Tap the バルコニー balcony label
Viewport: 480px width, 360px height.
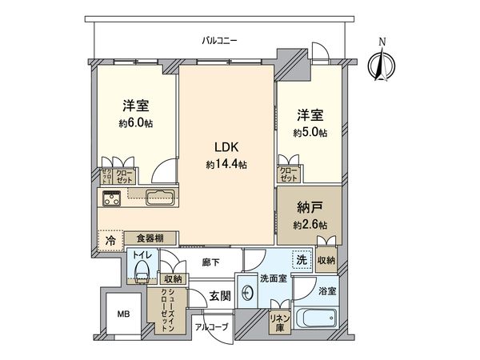coord(219,41)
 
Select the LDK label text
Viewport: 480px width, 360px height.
coord(226,147)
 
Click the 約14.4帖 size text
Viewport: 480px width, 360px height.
coord(226,165)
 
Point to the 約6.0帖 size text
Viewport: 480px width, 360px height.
coord(136,123)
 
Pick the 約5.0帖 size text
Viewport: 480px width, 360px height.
coord(310,133)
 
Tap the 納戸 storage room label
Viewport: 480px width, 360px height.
coord(310,208)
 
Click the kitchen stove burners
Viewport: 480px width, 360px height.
coord(111,198)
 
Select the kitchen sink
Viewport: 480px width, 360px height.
coord(160,198)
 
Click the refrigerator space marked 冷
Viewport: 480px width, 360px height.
coord(110,241)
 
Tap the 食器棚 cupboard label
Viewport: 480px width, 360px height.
coord(150,238)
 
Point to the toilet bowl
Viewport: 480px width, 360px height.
coord(142,271)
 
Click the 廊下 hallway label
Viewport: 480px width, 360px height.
coord(211,262)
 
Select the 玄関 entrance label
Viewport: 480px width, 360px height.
coord(220,295)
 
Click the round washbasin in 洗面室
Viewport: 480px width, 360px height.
coord(247,294)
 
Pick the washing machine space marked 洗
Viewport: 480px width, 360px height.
coord(302,260)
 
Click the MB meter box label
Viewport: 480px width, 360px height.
coord(124,314)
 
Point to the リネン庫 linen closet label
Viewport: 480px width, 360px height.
coord(279,322)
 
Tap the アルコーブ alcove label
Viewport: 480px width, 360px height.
coord(212,327)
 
